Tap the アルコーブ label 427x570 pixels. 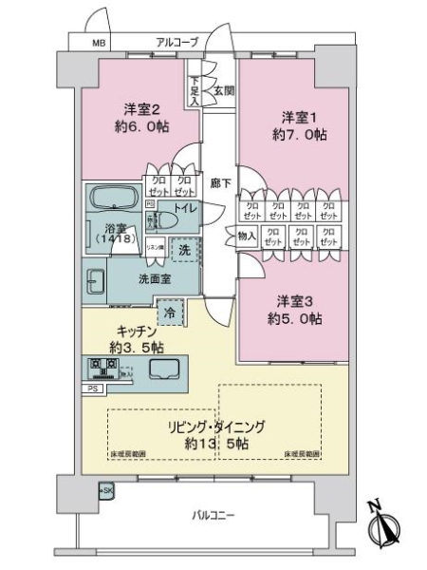pyautogui.click(x=177, y=43)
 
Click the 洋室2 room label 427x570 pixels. pyautogui.click(x=139, y=107)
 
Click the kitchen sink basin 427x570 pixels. pyautogui.click(x=165, y=369)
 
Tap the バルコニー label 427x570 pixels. pyautogui.click(x=213, y=516)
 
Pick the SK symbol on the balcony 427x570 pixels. pyautogui.click(x=106, y=490)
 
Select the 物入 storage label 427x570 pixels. pyautogui.click(x=245, y=233)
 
